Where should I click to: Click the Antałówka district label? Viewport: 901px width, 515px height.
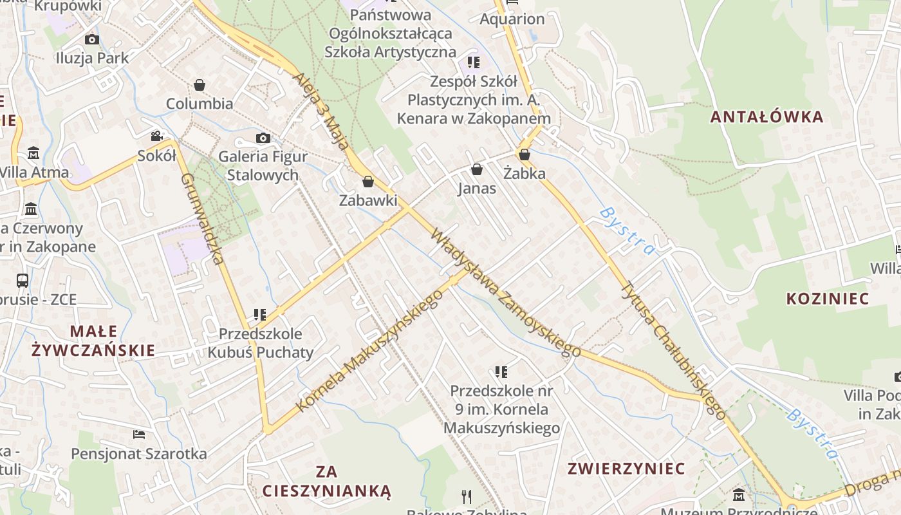click(766, 117)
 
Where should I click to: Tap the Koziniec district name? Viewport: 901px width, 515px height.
click(828, 299)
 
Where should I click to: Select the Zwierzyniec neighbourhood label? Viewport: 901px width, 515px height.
click(626, 469)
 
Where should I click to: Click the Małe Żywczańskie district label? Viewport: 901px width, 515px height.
click(94, 341)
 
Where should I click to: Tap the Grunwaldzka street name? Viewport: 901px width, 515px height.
click(202, 219)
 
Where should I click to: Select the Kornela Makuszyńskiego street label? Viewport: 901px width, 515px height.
click(369, 350)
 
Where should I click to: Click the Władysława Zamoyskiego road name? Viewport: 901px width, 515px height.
click(505, 292)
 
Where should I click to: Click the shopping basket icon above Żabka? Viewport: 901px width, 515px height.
click(525, 154)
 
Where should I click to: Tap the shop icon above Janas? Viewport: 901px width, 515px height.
click(477, 169)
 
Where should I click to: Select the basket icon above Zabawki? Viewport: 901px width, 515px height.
click(368, 182)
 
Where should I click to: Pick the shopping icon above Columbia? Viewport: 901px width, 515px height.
click(200, 85)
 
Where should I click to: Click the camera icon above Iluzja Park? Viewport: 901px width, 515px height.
click(92, 39)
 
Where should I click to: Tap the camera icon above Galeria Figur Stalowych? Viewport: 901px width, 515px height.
click(263, 138)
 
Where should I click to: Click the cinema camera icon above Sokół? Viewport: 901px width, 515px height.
click(156, 136)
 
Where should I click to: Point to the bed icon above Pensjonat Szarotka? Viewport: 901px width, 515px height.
click(138, 435)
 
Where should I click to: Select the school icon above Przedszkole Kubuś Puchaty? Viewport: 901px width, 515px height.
click(260, 315)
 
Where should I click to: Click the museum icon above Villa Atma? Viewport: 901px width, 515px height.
click(33, 153)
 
